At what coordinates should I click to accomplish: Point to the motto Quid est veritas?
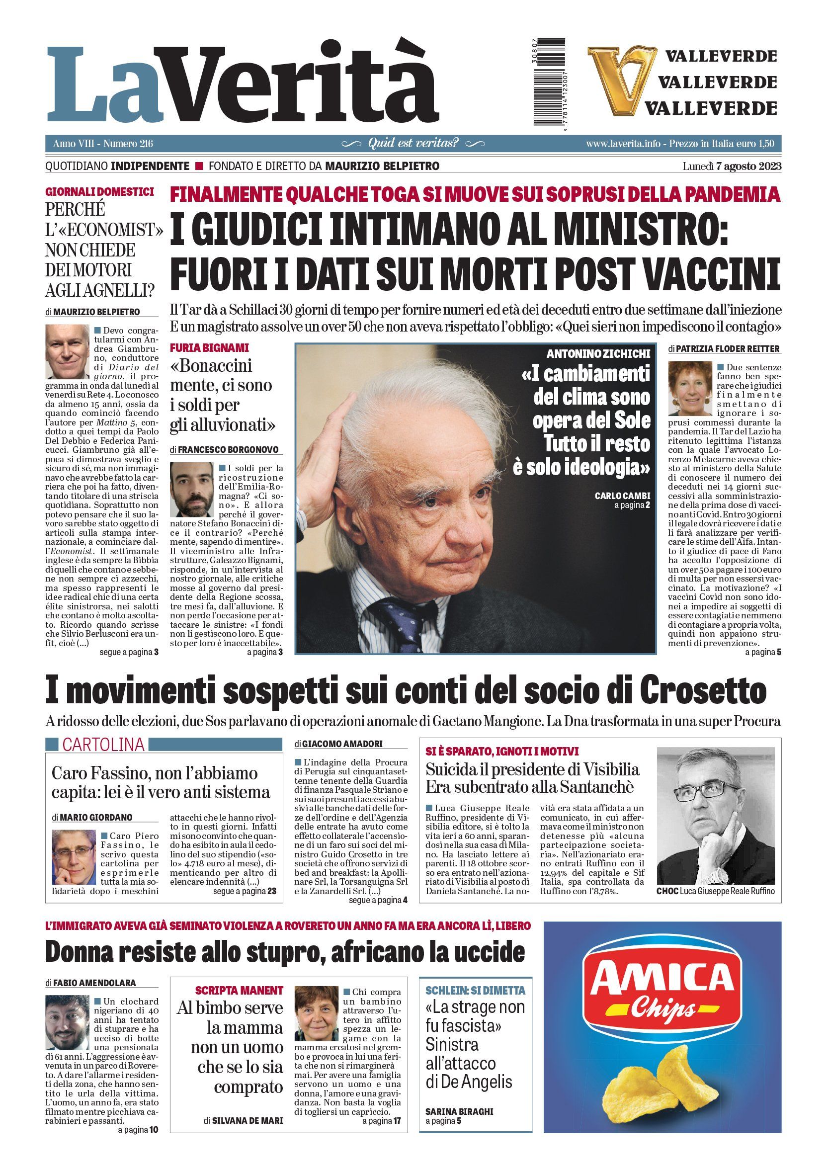tap(413, 143)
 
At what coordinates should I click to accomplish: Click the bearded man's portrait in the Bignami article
tap(191, 490)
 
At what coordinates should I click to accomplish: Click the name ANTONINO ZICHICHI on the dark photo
tap(598, 353)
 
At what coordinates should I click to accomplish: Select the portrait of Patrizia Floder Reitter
tap(689, 389)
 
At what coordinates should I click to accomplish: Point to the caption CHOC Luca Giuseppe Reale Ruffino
tap(716, 891)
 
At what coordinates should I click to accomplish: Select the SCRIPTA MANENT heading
tap(239, 990)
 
